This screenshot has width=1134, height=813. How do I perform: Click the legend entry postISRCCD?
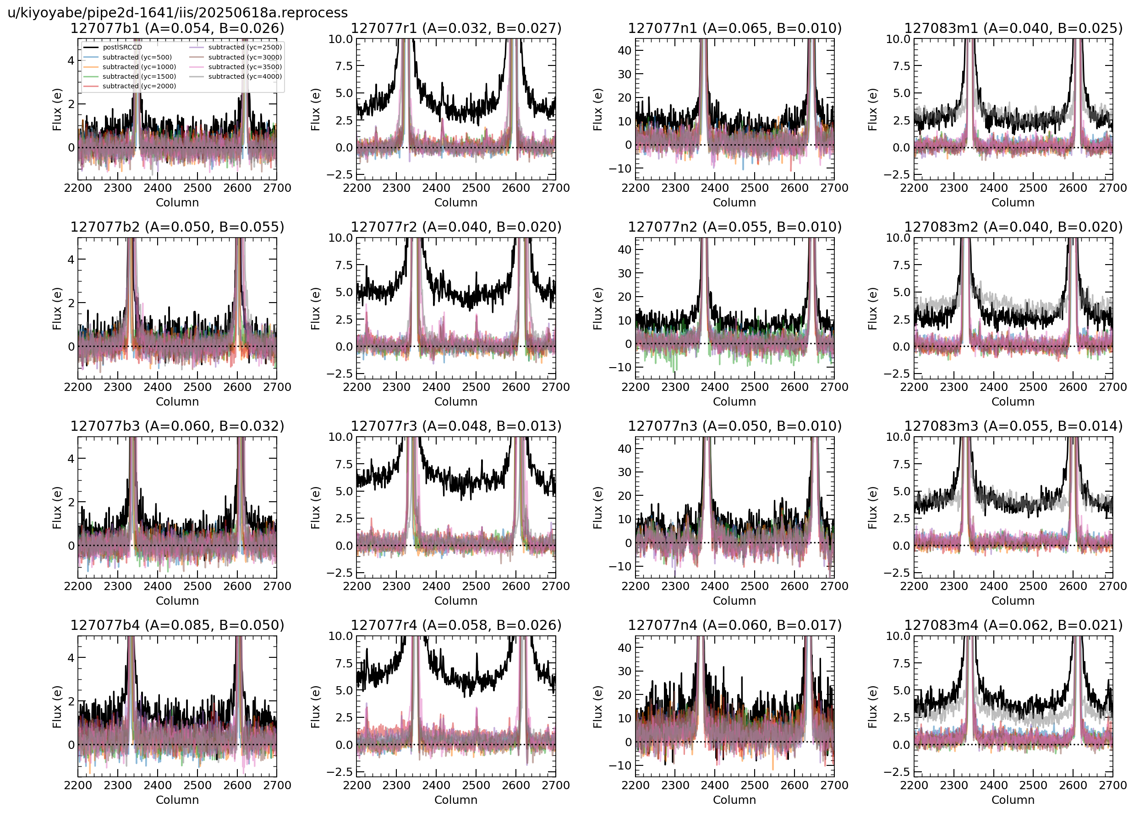[x=122, y=48]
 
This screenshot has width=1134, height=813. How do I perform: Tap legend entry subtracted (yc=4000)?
[x=245, y=76]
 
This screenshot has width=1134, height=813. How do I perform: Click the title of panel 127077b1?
[x=177, y=28]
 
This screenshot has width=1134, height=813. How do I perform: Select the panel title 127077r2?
[x=455, y=228]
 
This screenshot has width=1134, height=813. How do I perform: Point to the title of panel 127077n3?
[x=734, y=426]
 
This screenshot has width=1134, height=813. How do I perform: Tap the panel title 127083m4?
[x=1013, y=625]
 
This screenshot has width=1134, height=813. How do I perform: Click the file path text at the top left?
[x=177, y=12]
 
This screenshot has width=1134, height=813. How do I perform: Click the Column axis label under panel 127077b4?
[x=177, y=800]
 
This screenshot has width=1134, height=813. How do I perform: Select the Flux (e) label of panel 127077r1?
[x=315, y=109]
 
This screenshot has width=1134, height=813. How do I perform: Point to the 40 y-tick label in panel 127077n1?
[x=625, y=50]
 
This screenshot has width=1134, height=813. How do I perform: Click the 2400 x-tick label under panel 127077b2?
[x=158, y=387]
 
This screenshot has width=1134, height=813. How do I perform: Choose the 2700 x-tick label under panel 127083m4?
[x=1113, y=786]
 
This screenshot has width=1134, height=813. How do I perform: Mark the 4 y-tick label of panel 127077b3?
[x=71, y=459]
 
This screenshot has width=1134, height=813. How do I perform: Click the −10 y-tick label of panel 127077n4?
[x=620, y=765]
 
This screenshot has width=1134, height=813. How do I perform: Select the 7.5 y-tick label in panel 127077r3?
[x=344, y=464]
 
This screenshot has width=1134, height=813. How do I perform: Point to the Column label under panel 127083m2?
[x=1013, y=402]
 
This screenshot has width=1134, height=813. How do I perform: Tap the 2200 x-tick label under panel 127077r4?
[x=356, y=786]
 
